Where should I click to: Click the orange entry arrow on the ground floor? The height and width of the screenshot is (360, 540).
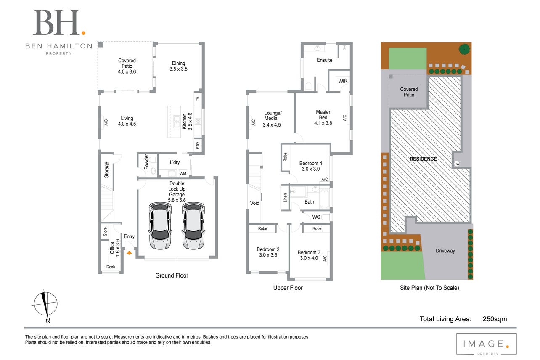pos(129,253)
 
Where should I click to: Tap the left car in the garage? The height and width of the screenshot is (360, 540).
pos(160,226)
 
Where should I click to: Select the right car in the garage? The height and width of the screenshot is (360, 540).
pos(193,226)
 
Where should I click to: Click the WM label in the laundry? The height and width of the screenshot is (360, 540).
pos(183,174)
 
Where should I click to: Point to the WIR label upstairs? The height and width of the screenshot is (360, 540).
pos(343,81)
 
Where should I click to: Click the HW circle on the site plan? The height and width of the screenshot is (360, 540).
pos(457,164)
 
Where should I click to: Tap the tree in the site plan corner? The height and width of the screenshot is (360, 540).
pos(464,49)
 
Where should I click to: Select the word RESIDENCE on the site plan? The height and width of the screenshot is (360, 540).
pos(424,159)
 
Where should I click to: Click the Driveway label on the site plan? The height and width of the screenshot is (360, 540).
pos(445,251)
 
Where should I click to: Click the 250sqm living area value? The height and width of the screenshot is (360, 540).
pos(495,319)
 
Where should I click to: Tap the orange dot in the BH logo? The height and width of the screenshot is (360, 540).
pos(83,33)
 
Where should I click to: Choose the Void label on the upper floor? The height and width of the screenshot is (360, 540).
pos(254,203)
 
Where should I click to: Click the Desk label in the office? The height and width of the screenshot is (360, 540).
pos(111,267)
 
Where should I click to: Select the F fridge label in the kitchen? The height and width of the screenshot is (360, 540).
pos(197,98)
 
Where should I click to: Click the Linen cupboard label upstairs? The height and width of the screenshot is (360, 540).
pos(285,198)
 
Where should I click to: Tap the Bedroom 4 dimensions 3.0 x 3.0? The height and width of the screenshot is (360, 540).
pos(311,169)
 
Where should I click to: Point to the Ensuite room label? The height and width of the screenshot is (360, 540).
pos(325,60)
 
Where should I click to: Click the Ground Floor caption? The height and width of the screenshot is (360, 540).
pos(172,275)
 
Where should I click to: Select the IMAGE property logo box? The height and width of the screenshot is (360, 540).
pos(487,344)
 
